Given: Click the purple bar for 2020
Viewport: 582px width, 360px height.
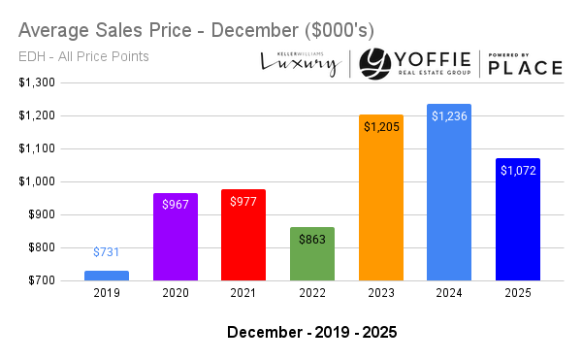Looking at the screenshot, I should click(175, 238).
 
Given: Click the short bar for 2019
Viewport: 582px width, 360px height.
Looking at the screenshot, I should click(107, 276).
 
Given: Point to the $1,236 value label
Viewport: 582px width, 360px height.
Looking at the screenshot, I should click(448, 116).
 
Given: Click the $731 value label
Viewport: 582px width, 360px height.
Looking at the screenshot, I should click(107, 252).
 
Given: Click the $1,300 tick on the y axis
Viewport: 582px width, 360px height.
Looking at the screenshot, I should click(35, 82).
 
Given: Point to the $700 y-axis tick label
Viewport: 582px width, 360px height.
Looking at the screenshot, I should click(40, 280).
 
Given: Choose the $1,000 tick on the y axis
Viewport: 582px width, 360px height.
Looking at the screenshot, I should click(35, 181).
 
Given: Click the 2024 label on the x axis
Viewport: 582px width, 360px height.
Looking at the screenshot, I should click(448, 292).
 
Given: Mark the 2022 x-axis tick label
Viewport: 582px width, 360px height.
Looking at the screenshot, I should click(311, 292).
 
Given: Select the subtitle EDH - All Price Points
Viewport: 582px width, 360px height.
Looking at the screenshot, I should click(83, 56).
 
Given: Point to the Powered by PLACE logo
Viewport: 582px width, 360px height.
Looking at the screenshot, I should click(525, 63).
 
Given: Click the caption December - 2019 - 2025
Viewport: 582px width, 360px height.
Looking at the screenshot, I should click(311, 332).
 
